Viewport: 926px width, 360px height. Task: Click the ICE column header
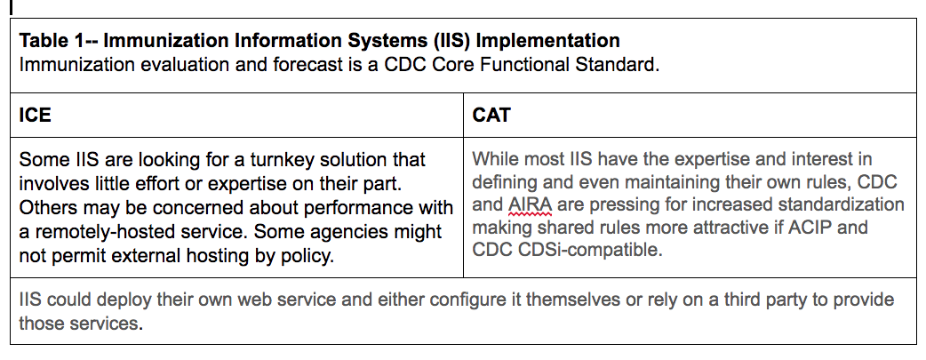pos(35,115)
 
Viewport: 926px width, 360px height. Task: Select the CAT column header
pos(491,115)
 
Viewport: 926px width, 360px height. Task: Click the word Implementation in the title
pos(547,41)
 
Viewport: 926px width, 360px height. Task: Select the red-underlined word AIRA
pos(530,205)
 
